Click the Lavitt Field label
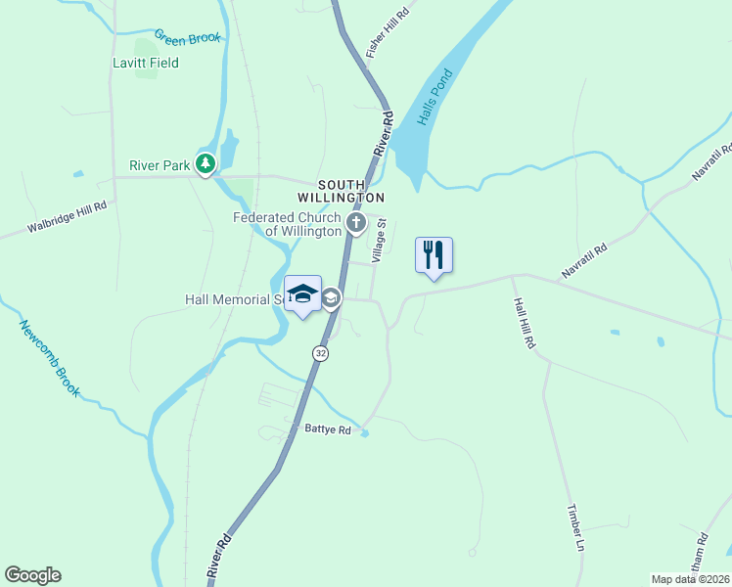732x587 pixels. tap(145, 63)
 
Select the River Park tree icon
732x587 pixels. tap(206, 164)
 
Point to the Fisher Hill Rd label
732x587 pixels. tap(387, 28)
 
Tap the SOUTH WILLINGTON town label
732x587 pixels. tap(342, 191)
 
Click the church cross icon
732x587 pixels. tap(355, 224)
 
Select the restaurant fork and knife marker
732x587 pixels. tap(434, 255)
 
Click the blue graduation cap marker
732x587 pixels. tap(303, 293)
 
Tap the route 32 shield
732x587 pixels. tap(320, 352)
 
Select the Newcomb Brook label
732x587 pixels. tap(49, 357)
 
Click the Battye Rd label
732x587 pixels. tap(327, 429)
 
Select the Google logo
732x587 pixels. tap(32, 575)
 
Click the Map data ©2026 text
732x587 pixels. tap(690, 579)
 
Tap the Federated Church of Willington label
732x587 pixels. tap(287, 224)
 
